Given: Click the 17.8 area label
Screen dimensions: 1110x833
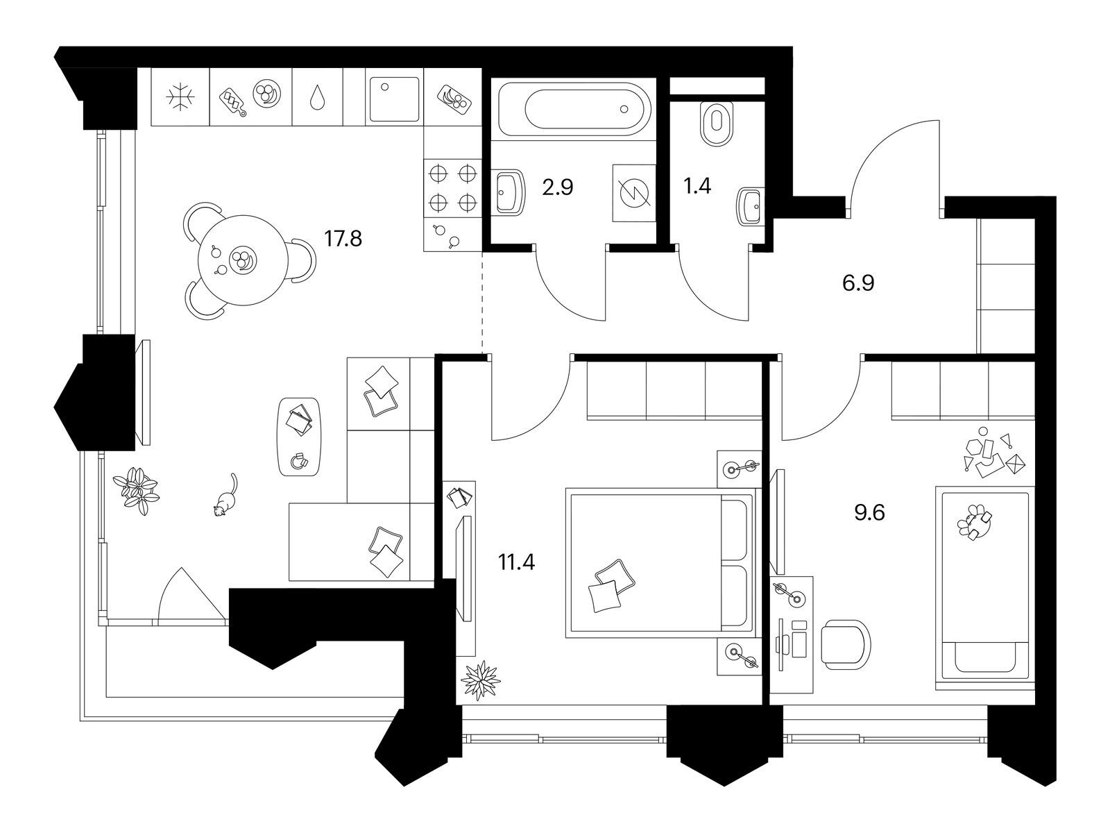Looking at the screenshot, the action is (x=343, y=238).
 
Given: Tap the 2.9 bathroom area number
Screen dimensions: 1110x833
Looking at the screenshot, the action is (x=557, y=187).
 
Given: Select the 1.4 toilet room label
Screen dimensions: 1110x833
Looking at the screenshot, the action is (x=697, y=186).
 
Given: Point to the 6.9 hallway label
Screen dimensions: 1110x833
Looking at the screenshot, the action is (x=858, y=283).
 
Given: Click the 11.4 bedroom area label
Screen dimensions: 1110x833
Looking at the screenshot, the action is (x=516, y=562).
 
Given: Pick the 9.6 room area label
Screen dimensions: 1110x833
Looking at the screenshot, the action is (x=869, y=514).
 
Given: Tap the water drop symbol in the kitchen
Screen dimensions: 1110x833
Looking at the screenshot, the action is (x=317, y=97).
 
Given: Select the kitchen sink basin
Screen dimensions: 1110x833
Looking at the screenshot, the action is (x=395, y=99).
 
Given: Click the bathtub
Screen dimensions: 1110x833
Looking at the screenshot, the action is (x=574, y=109).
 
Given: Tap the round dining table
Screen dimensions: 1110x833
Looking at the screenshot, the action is (x=243, y=260).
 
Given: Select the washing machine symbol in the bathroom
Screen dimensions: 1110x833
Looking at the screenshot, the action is (x=633, y=193).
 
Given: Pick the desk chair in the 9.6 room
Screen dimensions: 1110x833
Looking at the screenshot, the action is (x=845, y=645).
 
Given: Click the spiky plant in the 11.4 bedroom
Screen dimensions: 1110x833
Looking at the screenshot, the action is (x=480, y=680).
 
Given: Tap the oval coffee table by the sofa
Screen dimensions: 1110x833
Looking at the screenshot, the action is (x=298, y=437).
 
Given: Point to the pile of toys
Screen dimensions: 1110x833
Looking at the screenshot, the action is (x=994, y=452).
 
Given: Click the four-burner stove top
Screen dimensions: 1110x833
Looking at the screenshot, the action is (x=452, y=188).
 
